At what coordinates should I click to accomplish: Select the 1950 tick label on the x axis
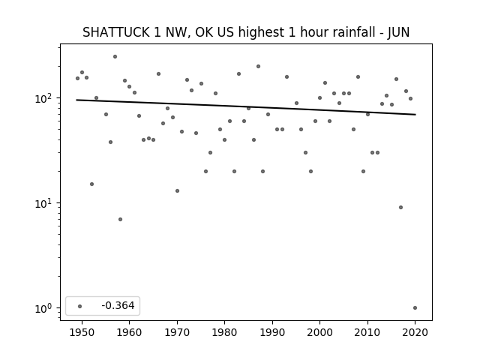[82, 332]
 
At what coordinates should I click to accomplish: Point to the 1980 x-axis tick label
[224, 332]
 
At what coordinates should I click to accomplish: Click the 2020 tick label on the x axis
[415, 332]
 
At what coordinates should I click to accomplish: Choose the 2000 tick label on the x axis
[319, 332]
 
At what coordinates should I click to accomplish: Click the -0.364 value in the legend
[118, 305]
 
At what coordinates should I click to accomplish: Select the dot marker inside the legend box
[80, 306]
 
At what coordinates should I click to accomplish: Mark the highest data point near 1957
[115, 57]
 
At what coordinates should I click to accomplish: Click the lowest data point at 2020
[415, 308]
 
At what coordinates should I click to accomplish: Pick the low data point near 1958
[120, 219]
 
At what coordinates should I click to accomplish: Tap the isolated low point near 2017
[400, 208]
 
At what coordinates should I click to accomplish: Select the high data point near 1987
[258, 67]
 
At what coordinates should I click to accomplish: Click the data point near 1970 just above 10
[177, 191]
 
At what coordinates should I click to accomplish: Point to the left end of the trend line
[76, 100]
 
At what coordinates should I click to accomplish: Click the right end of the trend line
[415, 115]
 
